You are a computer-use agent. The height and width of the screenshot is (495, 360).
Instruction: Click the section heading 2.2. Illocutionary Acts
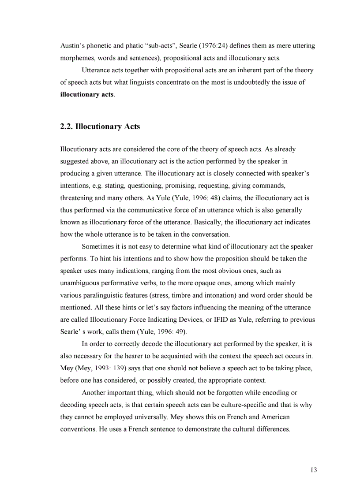coord(100,127)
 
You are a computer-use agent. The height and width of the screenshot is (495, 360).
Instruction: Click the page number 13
coord(313,470)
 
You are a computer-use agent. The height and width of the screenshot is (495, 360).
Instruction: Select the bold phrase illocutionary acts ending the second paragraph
coord(87,94)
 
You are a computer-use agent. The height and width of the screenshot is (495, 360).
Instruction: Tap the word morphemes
coord(77,58)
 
